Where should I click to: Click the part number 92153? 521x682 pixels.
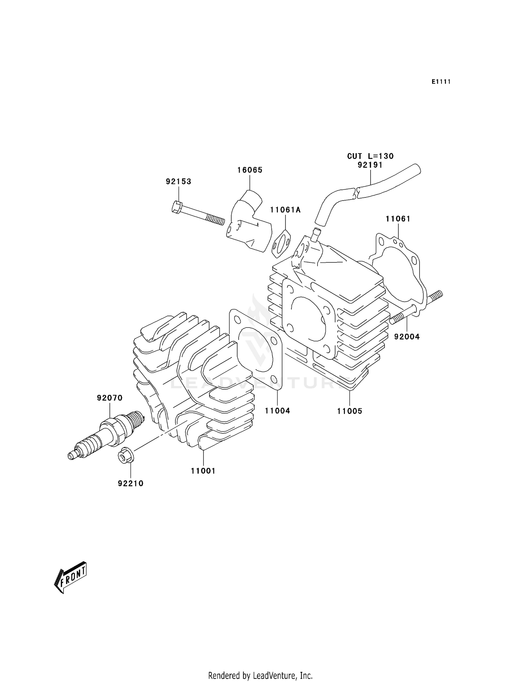[179, 182]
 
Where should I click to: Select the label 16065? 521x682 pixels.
[250, 170]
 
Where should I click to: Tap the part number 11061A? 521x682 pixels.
[286, 210]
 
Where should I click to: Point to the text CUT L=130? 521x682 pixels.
[370, 156]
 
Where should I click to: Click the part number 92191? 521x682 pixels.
[370, 165]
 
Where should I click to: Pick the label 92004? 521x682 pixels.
[407, 336]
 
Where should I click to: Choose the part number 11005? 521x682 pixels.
[349, 411]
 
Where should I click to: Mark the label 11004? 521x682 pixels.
[277, 411]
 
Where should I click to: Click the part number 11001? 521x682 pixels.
[203, 471]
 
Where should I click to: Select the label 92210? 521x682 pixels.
[131, 484]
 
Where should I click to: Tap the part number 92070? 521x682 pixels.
[110, 398]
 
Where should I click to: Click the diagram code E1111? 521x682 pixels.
[441, 82]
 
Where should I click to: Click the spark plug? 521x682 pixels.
[106, 436]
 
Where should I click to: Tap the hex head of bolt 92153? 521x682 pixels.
[176, 207]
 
